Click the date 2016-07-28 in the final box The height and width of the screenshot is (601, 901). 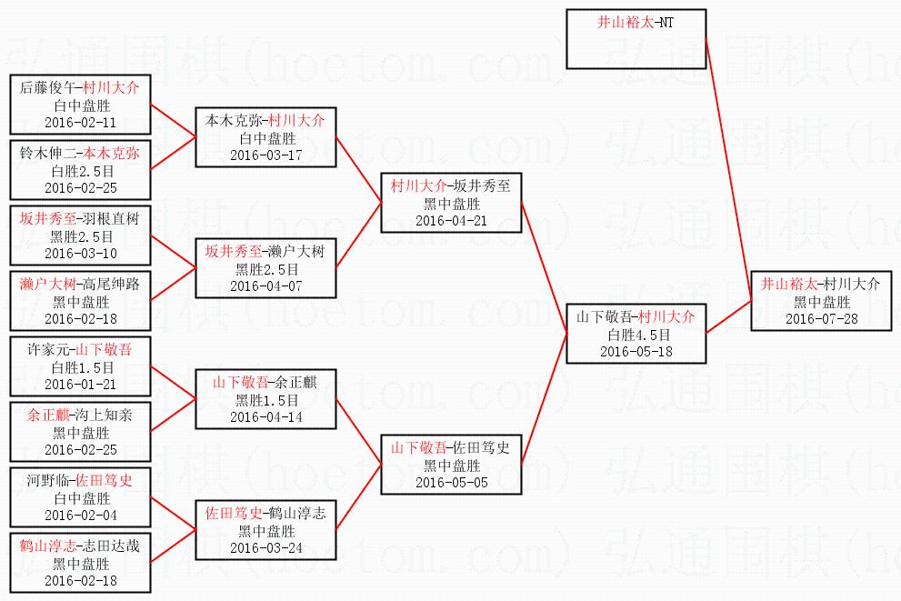[x=821, y=319]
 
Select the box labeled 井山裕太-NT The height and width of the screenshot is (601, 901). [x=636, y=39]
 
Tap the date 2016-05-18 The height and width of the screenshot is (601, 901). [x=636, y=352]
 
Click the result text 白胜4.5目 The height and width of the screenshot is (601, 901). [x=636, y=335]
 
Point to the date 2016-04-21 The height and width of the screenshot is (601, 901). [x=451, y=221]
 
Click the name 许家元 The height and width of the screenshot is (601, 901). [x=48, y=349]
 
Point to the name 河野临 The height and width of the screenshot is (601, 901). [x=48, y=480]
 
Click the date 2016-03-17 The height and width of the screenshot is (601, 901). [x=265, y=155]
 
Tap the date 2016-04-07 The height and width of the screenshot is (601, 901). [x=265, y=286]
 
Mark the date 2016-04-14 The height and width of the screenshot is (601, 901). [x=265, y=417]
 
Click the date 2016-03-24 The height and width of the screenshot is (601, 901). [x=265, y=548]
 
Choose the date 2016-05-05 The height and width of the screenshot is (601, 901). [x=451, y=483]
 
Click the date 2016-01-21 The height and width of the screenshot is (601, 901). [x=80, y=385]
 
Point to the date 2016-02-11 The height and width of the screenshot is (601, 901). [x=80, y=123]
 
